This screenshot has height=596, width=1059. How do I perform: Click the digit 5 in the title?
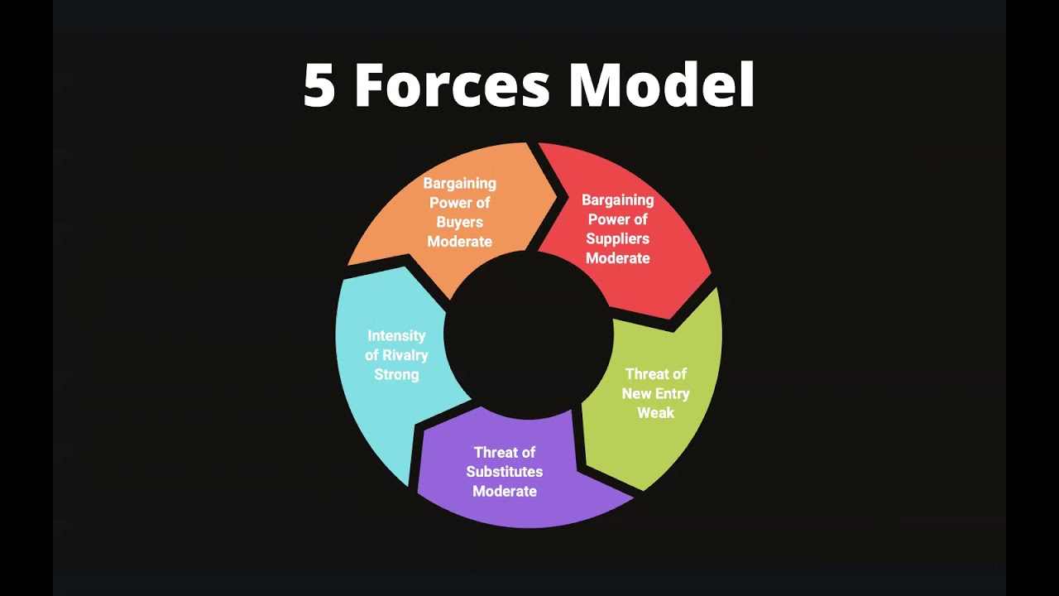click(319, 85)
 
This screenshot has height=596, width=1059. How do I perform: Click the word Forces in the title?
click(453, 85)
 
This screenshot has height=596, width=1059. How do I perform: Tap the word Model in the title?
click(661, 84)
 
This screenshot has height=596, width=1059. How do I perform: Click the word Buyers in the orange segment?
click(459, 223)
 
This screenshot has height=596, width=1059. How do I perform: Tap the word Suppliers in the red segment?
click(617, 239)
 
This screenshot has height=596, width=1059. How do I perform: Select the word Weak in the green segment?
click(655, 413)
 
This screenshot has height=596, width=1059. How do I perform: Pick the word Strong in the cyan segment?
click(396, 375)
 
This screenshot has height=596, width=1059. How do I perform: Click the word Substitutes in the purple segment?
click(505, 472)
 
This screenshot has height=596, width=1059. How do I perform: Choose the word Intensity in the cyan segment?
click(396, 335)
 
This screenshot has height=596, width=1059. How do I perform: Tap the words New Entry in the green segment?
click(655, 393)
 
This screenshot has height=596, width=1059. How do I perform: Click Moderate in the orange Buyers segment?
click(459, 242)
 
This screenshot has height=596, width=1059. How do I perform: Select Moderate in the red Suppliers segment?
click(617, 258)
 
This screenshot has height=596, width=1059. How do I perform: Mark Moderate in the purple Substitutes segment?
click(505, 491)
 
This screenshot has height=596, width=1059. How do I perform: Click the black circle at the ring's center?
click(529, 335)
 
